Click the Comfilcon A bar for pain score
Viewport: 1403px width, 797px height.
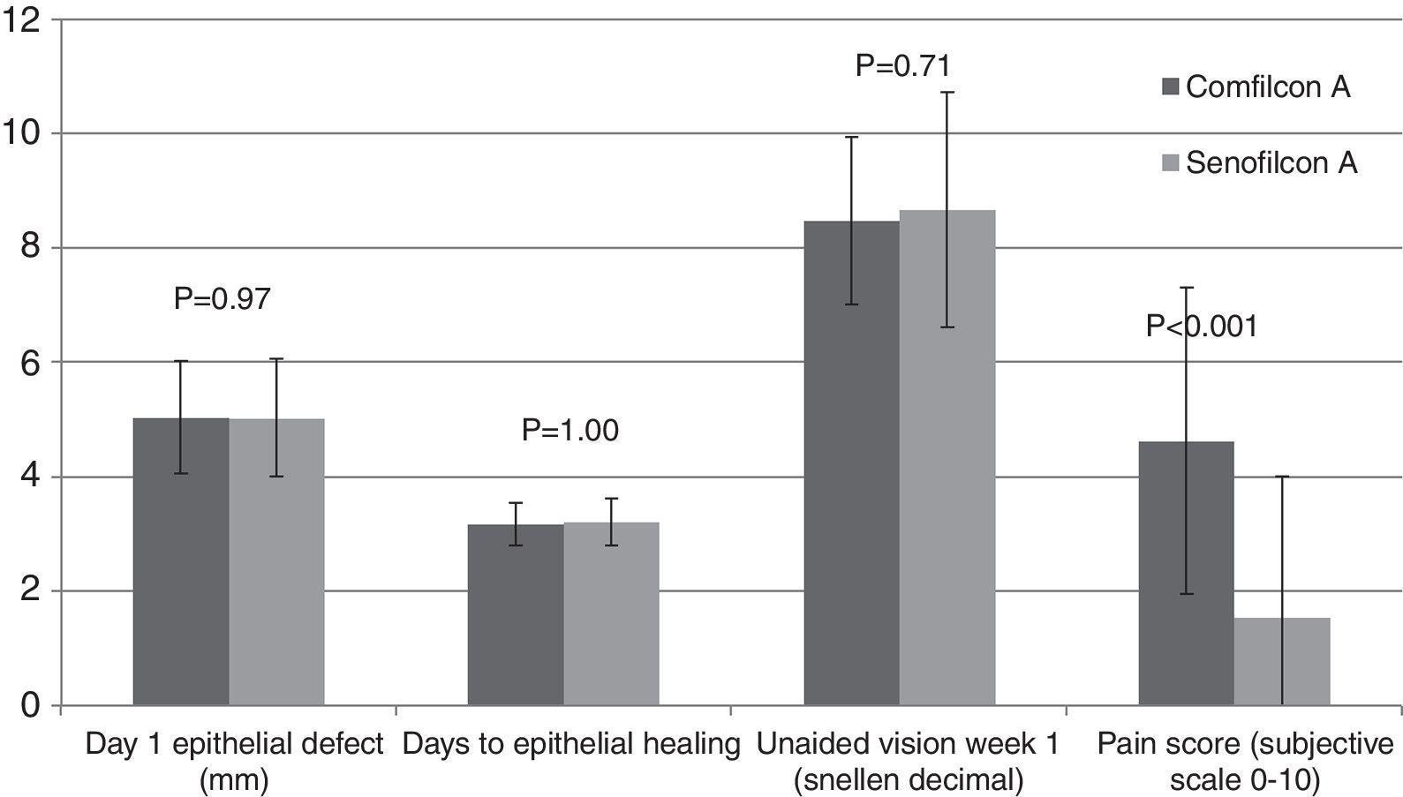coord(1186,574)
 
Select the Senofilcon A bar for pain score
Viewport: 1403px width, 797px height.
coord(1282,661)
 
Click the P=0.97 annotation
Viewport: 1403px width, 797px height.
coord(222,299)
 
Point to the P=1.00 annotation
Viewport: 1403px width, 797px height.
coord(570,430)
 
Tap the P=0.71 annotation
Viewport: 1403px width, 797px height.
coord(902,65)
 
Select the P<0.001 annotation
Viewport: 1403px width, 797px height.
coord(1201,327)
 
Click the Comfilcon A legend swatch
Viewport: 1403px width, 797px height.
coord(1171,86)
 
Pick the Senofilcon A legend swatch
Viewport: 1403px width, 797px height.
coord(1171,163)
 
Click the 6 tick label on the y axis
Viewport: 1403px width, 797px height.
coord(31,362)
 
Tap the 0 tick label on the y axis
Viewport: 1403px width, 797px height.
coord(31,705)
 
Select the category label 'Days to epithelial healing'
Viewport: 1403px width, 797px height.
coord(570,745)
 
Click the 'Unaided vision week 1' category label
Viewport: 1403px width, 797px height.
coord(908,757)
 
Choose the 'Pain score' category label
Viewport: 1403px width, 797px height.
coord(1244,757)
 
